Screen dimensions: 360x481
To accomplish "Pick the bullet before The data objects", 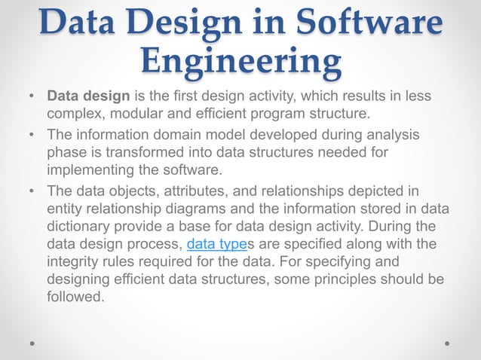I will coord(31,191).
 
